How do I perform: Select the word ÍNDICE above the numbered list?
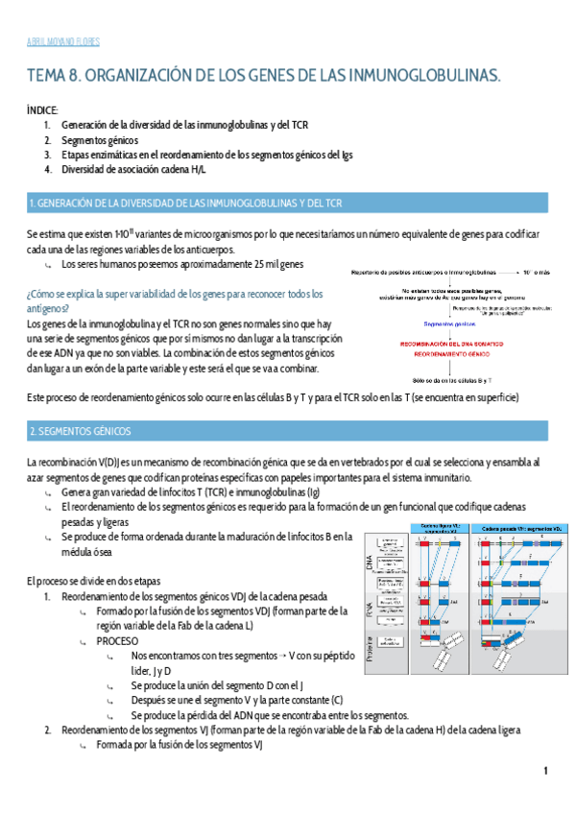[42, 110]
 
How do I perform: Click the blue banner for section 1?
[288, 203]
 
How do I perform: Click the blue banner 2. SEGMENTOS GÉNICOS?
[288, 431]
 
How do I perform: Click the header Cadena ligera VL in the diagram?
[436, 528]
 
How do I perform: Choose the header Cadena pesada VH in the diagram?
[510, 528]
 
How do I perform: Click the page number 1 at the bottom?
[545, 771]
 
